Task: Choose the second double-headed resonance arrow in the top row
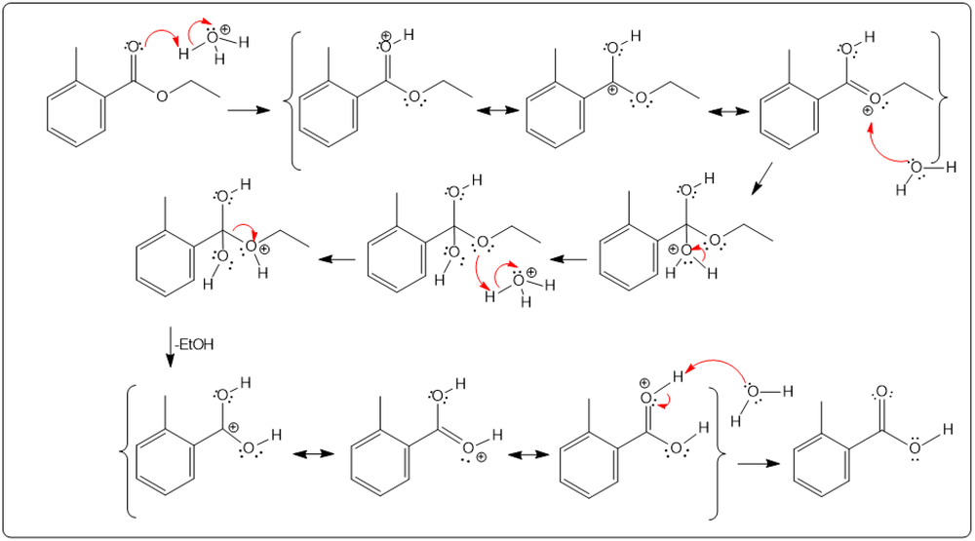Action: tap(726, 112)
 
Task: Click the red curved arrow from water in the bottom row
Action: tap(717, 365)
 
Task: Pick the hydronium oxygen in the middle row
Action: tap(519, 284)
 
